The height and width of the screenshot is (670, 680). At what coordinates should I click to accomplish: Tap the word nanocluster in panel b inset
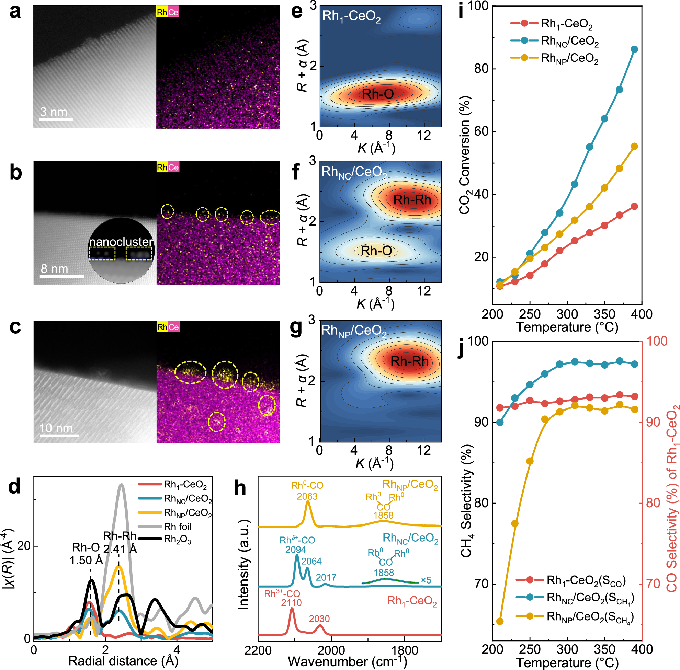point(121,242)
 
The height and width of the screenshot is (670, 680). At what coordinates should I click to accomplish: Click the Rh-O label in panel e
point(378,94)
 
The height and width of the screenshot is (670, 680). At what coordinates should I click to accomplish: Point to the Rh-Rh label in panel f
point(412,200)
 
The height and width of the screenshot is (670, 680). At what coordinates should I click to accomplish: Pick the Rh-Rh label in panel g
point(409,361)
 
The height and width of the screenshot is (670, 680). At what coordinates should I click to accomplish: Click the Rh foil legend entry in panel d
point(178,527)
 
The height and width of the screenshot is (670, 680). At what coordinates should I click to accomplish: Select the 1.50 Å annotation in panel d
point(86,560)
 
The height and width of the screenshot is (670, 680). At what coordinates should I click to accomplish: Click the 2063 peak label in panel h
point(307,496)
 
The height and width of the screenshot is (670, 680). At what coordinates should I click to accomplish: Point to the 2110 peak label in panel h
point(291,602)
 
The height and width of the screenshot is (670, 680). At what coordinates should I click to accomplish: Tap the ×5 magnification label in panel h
point(426,580)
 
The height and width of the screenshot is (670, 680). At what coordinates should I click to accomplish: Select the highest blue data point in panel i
point(634,49)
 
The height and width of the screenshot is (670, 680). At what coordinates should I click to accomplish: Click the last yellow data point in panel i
point(634,146)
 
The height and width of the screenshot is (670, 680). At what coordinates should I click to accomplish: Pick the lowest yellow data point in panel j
point(500,621)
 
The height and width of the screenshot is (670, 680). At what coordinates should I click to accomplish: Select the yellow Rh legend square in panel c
point(162,327)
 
